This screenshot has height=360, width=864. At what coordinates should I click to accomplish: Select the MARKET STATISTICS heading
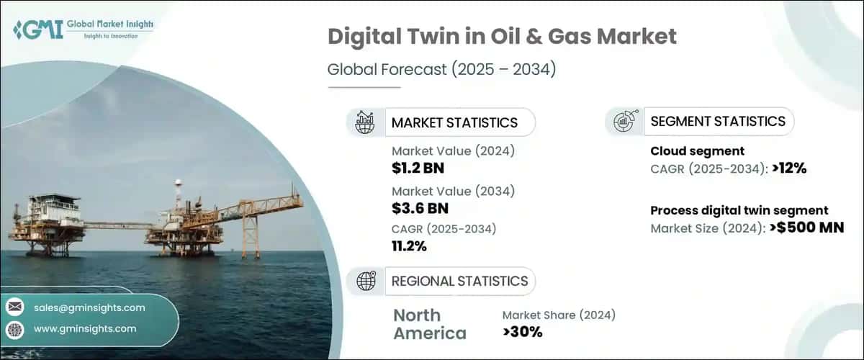click(454, 122)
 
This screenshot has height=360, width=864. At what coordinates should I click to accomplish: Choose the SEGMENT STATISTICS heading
click(718, 122)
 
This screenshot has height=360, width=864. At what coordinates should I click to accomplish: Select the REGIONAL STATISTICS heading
click(459, 281)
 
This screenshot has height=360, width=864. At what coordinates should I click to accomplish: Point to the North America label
click(429, 324)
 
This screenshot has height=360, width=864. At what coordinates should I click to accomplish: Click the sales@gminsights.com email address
click(89, 307)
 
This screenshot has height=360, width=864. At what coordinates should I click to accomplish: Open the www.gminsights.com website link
click(85, 329)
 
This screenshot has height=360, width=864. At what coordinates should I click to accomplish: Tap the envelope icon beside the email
click(14, 307)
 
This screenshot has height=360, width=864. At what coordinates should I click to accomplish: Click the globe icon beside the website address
click(14, 329)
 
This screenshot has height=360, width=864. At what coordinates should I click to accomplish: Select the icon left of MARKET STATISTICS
click(365, 122)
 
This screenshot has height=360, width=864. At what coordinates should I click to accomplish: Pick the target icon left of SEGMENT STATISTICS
click(624, 122)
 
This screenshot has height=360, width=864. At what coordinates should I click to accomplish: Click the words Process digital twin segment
click(739, 211)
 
